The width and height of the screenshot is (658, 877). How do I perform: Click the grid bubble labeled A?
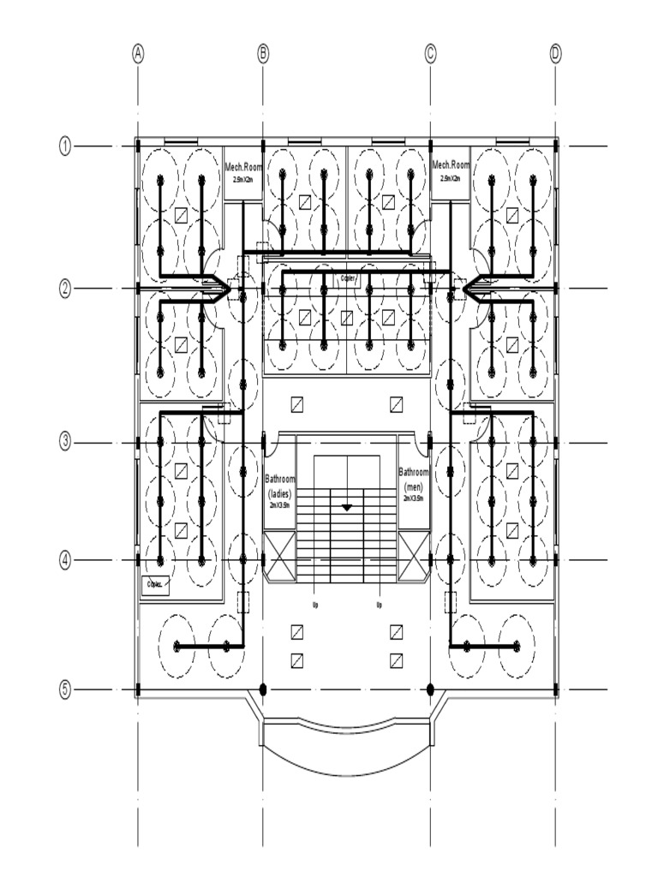(138, 53)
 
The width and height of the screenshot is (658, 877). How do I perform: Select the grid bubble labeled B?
(263, 53)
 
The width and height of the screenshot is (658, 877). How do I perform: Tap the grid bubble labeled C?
(430, 53)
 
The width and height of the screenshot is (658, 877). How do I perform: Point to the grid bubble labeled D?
(555, 53)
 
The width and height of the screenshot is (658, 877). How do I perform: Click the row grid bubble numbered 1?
(65, 146)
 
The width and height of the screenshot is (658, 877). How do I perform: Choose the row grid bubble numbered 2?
(65, 289)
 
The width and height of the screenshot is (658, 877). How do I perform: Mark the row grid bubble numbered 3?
(65, 443)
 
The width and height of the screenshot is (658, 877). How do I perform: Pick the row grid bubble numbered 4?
(65, 560)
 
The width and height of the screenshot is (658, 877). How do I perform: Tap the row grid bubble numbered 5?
(65, 689)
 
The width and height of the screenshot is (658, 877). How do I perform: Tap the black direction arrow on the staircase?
(347, 508)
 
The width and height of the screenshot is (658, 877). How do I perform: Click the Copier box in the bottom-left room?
(156, 585)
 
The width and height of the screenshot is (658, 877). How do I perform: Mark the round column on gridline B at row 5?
(263, 689)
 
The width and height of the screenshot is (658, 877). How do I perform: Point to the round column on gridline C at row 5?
(430, 689)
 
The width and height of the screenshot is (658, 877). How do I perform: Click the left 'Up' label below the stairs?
(314, 606)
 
